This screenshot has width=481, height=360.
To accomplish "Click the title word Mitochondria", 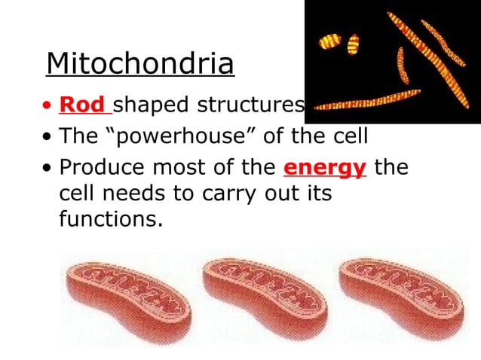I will pyautogui.click(x=140, y=65).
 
